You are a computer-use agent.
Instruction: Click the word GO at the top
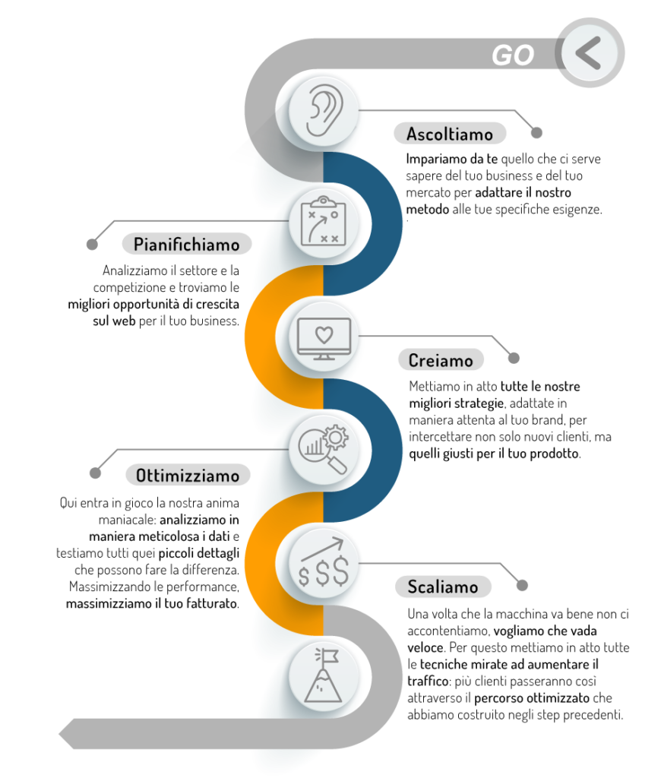[x=512, y=55]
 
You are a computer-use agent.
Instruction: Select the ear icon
[x=321, y=111]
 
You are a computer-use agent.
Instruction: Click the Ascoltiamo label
[x=450, y=134]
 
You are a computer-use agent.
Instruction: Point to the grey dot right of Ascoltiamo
[x=536, y=132]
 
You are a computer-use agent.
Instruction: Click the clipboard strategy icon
[x=321, y=221]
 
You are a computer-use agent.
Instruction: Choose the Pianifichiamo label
[x=186, y=244]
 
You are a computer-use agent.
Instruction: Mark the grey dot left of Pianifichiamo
[x=92, y=245]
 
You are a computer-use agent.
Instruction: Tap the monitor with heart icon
[x=324, y=339]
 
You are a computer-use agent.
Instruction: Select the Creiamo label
[x=440, y=360]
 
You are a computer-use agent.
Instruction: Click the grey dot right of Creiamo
[x=514, y=358]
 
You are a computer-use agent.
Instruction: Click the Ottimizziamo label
[x=187, y=476]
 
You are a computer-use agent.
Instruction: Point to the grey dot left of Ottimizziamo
[x=95, y=473]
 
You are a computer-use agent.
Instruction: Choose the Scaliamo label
[x=442, y=587]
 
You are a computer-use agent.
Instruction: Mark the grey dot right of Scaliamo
[x=521, y=586]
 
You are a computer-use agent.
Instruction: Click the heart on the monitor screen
[x=324, y=334]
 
